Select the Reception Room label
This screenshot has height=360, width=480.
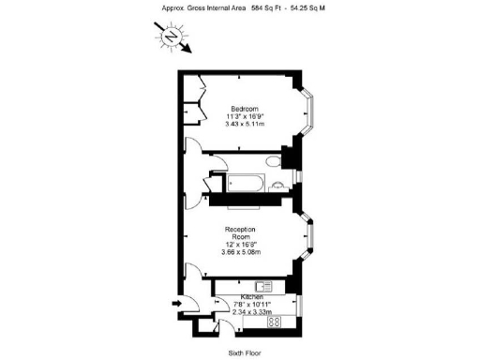click(241, 232)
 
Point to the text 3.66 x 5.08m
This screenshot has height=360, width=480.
click(241, 251)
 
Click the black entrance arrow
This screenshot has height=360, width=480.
click(177, 303)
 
